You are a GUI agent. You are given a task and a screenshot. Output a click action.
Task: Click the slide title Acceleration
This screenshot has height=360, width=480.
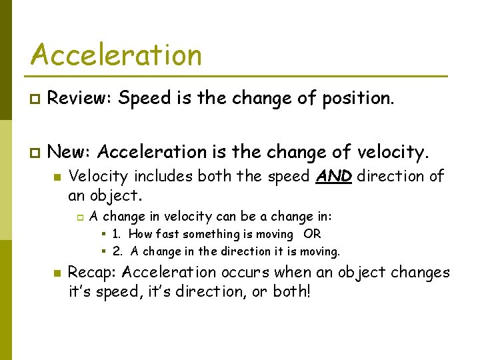coord(115,55)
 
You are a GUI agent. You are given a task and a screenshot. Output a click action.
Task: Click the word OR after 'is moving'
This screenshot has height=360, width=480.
coord(312,234)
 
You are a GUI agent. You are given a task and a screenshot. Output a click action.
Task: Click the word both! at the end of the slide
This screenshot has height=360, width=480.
coord(291,292)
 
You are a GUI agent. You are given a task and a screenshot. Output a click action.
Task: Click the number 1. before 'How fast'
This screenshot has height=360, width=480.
coord(117,234)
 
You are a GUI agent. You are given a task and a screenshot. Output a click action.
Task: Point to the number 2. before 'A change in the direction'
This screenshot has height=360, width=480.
coord(117,251)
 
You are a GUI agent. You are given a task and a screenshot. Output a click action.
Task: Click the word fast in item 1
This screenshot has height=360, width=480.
coord(168,234)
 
